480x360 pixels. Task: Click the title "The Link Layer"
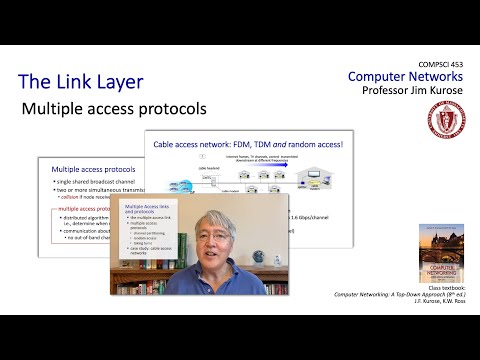80,82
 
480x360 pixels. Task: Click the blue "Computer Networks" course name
406,77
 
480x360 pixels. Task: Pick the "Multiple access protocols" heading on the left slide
85,171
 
